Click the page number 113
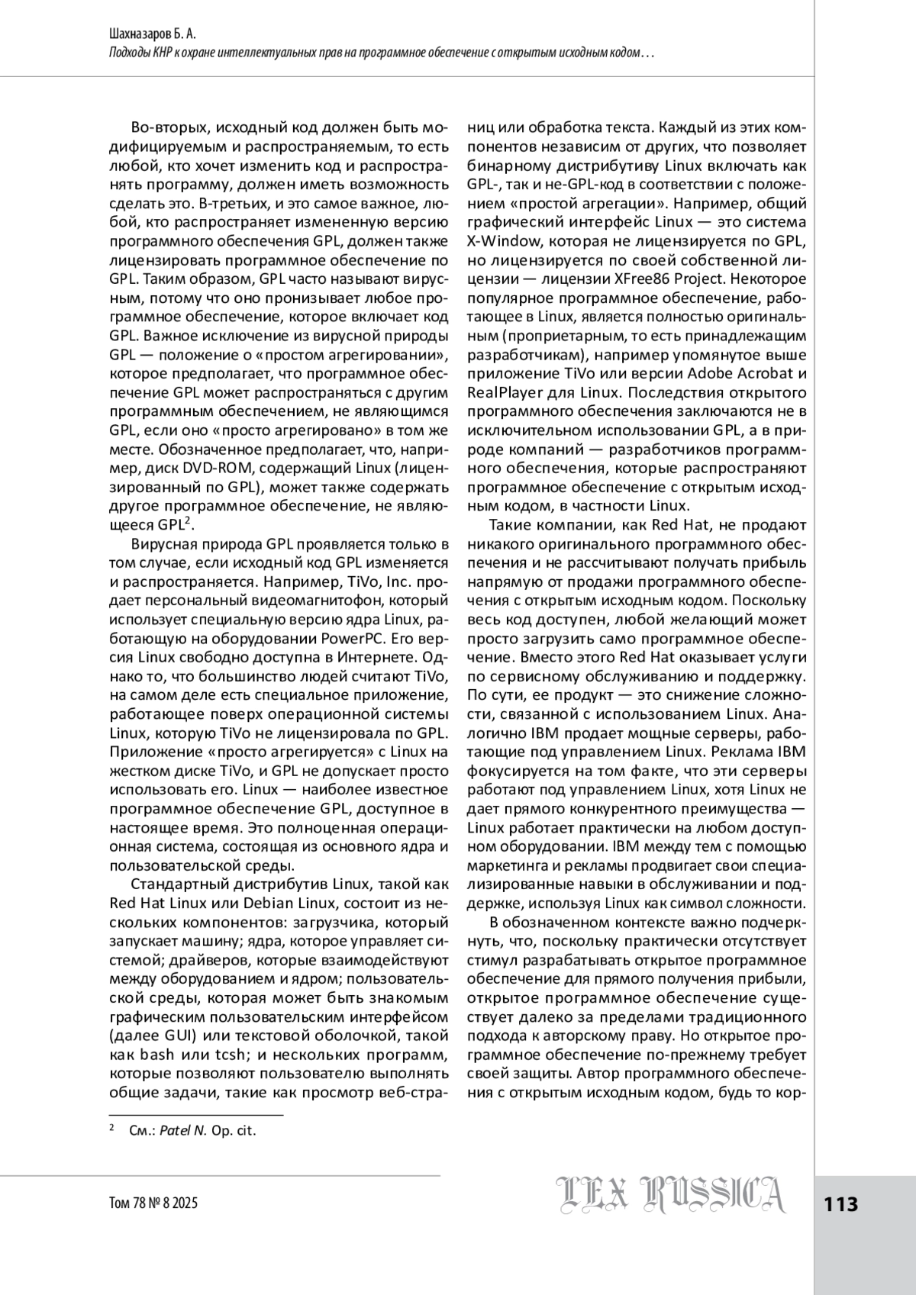coord(841,1204)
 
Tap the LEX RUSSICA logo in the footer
coord(669,1195)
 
